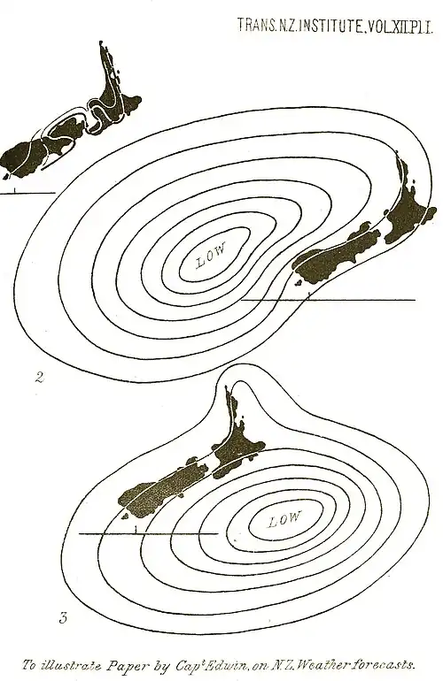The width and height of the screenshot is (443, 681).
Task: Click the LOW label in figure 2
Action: pyautogui.click(x=211, y=255)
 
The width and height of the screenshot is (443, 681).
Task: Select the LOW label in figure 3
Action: pyautogui.click(x=284, y=518)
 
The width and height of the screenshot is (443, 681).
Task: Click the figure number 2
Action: pyautogui.click(x=40, y=378)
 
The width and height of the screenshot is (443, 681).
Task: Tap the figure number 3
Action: pyautogui.click(x=64, y=617)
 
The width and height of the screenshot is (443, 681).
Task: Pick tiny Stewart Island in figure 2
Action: pyautogui.click(x=298, y=285)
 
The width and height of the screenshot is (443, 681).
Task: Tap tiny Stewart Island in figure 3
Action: pyautogui.click(x=125, y=516)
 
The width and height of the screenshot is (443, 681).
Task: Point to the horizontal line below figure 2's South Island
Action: pyautogui.click(x=328, y=300)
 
